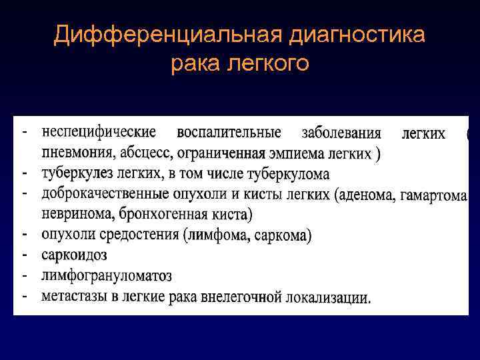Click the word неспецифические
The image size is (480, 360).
[99, 133]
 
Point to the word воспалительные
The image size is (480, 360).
[229, 133]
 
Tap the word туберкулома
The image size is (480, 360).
[288, 174]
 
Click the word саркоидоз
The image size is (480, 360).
[73, 255]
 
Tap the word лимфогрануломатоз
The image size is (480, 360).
[106, 275]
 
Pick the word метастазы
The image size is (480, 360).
[72, 295]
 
